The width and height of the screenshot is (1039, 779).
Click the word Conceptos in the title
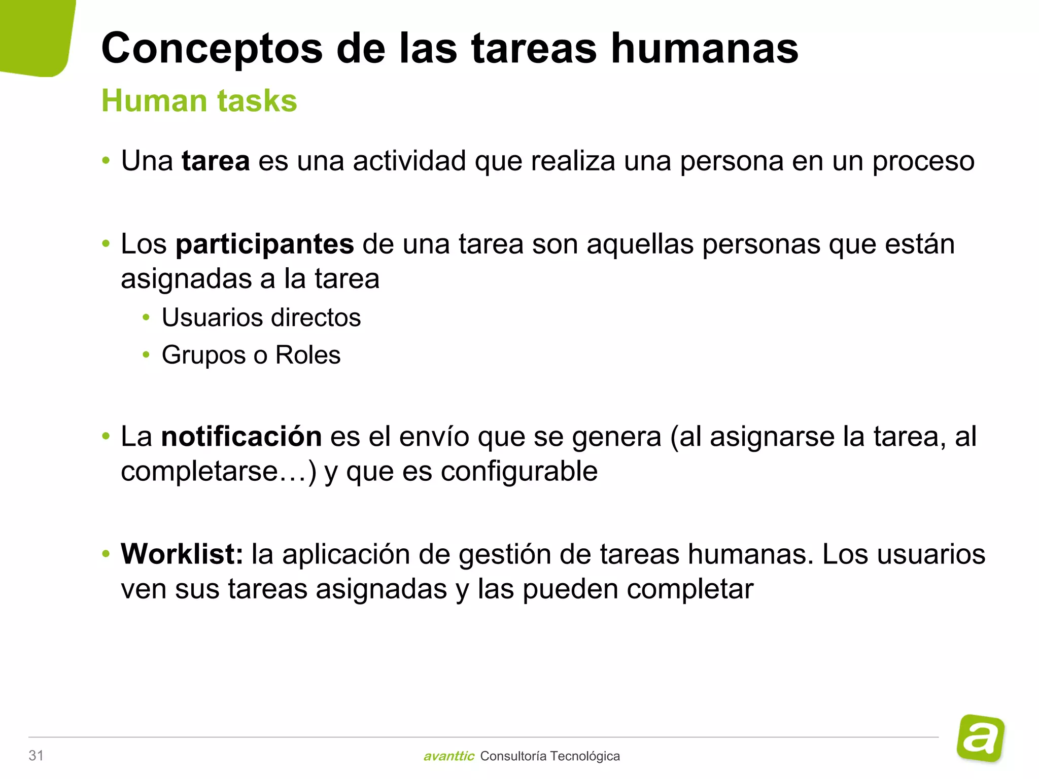click(x=212, y=49)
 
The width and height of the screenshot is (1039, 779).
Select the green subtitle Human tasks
click(x=199, y=100)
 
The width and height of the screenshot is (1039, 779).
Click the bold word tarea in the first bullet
click(x=216, y=161)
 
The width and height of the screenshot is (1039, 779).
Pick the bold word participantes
click(x=264, y=245)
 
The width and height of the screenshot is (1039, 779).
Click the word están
click(x=920, y=244)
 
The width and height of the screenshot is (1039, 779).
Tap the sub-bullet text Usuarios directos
click(x=261, y=318)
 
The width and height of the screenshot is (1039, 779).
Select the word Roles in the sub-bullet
click(x=307, y=355)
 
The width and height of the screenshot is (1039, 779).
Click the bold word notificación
click(x=241, y=437)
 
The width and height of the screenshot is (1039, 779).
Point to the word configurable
click(x=519, y=472)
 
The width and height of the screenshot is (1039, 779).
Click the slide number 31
click(x=36, y=756)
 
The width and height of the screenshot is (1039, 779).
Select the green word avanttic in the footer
click(x=448, y=756)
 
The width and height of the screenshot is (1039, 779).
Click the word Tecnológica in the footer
click(x=584, y=756)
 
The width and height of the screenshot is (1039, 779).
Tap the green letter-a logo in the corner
click(x=981, y=738)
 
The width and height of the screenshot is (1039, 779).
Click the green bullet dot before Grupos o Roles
click(x=146, y=355)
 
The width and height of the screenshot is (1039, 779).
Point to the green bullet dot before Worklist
click(x=106, y=554)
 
